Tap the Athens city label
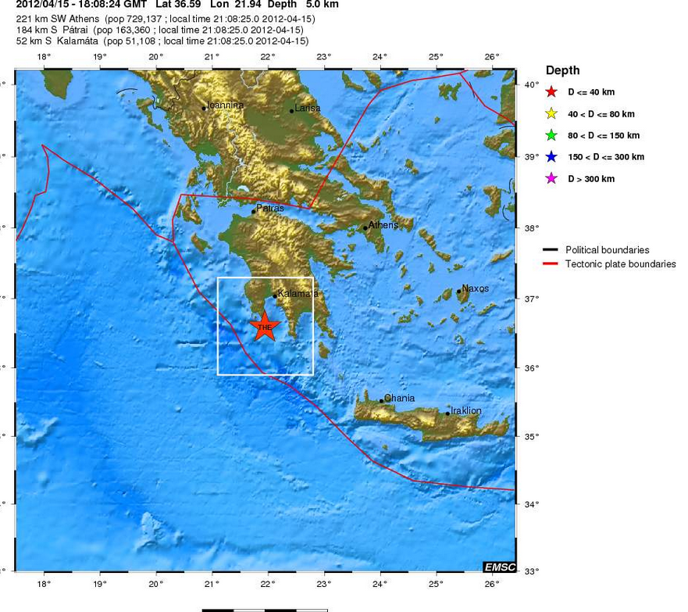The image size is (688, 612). (383, 225)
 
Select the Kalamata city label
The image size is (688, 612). (298, 294)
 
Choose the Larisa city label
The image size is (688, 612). (308, 108)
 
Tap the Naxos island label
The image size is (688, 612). (475, 288)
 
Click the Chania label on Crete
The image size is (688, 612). (399, 399)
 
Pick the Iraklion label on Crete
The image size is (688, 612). (465, 410)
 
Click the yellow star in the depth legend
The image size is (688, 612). (552, 113)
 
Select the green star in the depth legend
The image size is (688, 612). (552, 135)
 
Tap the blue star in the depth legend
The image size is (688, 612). (552, 157)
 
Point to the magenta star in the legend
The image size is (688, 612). (552, 179)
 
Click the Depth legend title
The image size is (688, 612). (562, 70)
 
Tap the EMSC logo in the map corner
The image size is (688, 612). (499, 567)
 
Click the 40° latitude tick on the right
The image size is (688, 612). (531, 84)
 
